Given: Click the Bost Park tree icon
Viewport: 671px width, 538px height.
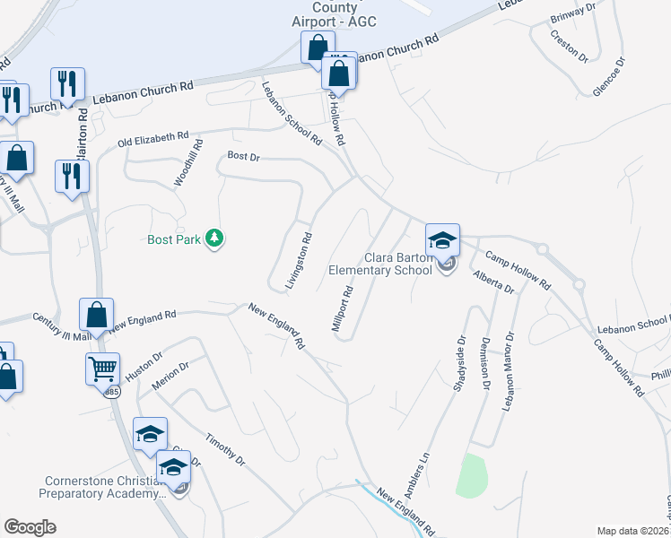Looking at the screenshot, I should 214,239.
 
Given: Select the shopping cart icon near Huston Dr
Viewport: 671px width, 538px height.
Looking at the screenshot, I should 103,368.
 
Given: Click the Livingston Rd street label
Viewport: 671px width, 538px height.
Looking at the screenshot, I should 298,261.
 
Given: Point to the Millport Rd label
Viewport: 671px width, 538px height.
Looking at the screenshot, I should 344,309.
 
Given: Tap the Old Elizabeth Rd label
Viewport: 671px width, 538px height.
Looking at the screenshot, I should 153,140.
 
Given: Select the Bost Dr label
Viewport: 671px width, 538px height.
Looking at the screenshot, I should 242,156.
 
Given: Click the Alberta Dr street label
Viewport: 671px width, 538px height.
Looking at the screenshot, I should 493,282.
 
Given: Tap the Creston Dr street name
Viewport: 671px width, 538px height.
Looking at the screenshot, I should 569,44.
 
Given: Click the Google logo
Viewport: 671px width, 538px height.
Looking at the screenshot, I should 30,527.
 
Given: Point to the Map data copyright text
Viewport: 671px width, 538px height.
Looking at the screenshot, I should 633,531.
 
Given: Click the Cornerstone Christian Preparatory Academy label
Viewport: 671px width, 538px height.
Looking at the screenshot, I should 105,486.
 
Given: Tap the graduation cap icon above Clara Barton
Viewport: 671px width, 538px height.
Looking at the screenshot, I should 442,240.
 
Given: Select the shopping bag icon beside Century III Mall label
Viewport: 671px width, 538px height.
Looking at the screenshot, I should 96,315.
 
